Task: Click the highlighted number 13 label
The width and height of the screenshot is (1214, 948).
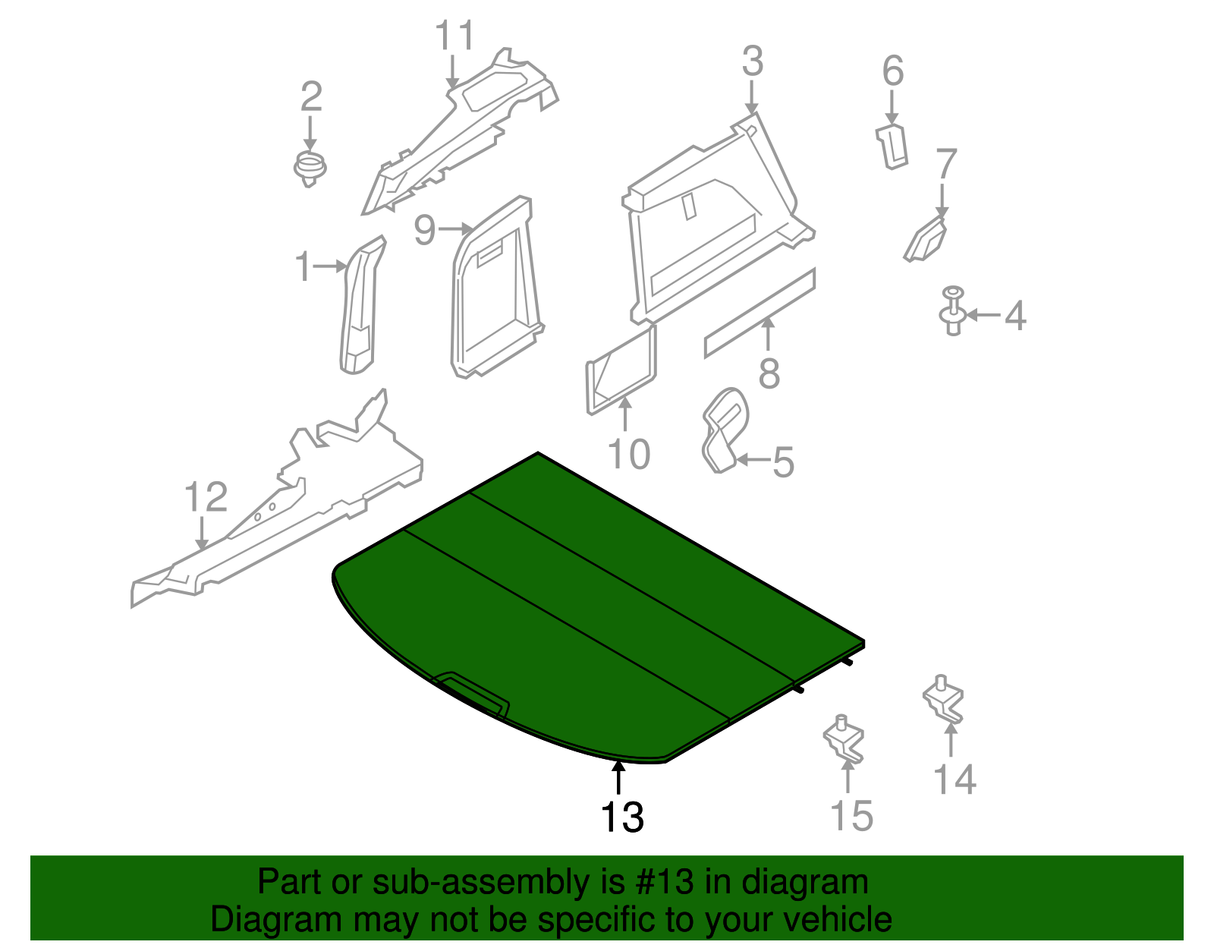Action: click(x=622, y=817)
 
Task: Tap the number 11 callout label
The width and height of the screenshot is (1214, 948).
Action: click(x=454, y=36)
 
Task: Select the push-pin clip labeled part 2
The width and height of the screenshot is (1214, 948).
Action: click(x=310, y=168)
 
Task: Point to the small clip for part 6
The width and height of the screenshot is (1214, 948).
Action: click(x=892, y=146)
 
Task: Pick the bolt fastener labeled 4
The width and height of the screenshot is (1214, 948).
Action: click(x=953, y=310)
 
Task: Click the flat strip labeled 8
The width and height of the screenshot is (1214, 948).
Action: click(x=760, y=312)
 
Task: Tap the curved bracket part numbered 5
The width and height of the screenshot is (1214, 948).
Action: click(x=724, y=430)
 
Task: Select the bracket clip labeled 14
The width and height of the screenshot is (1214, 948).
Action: click(x=944, y=700)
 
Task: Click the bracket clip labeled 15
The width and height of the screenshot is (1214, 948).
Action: click(x=844, y=739)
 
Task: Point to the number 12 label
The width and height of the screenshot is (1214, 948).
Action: click(x=206, y=496)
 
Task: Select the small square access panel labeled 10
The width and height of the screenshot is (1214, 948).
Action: click(x=621, y=370)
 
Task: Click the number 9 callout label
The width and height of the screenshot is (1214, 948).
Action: click(x=425, y=229)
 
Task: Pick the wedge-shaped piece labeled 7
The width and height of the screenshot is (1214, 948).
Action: click(x=925, y=240)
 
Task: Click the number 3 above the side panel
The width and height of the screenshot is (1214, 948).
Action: click(x=753, y=61)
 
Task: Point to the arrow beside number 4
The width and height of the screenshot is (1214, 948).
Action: click(x=983, y=315)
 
